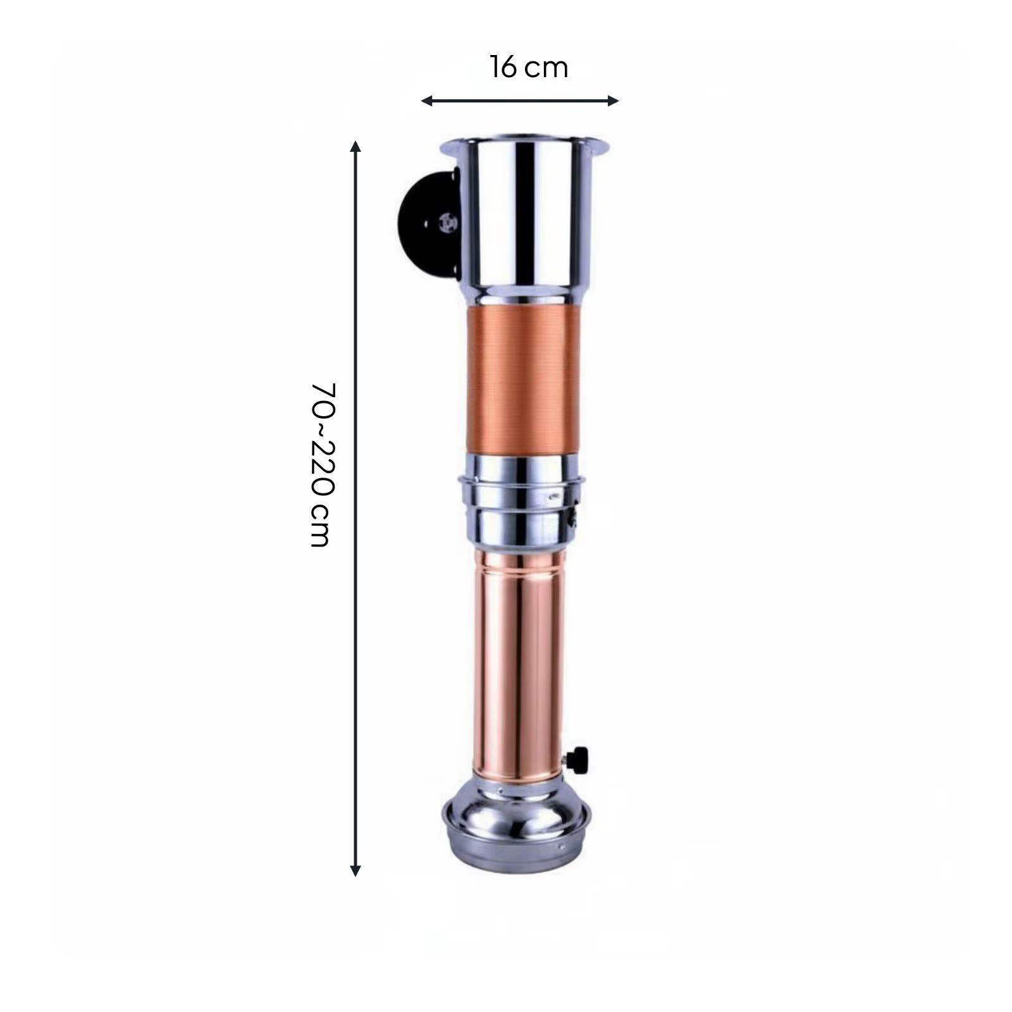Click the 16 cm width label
click(x=529, y=67)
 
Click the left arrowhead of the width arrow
click(x=427, y=101)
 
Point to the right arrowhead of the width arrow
click(x=613, y=101)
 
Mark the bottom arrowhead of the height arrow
click(x=355, y=870)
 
